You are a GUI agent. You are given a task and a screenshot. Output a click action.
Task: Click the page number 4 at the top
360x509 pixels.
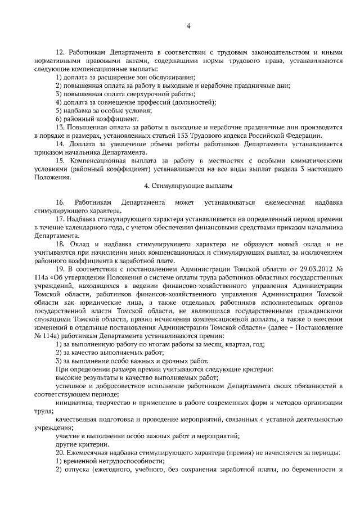pyautogui.click(x=188, y=25)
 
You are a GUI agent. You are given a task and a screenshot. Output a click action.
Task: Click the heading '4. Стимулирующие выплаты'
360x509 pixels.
pyautogui.click(x=188, y=185)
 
